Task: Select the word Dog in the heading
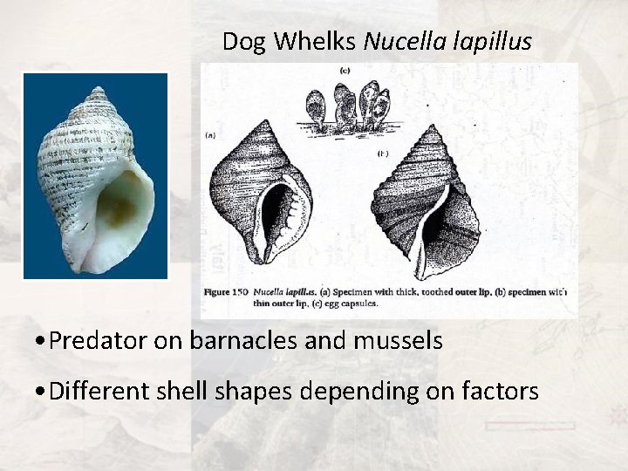pos(239,41)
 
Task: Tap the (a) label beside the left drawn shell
pos(210,135)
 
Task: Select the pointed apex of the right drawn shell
pos(433,127)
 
